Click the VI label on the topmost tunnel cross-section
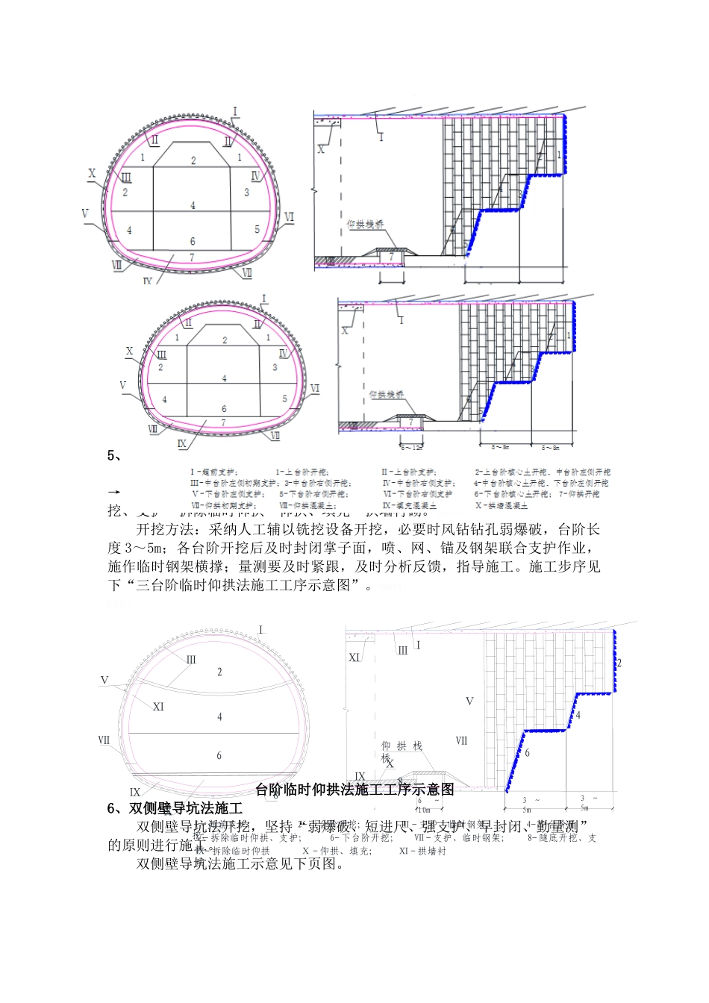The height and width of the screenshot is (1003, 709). [289, 216]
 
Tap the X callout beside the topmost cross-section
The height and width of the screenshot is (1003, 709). [92, 174]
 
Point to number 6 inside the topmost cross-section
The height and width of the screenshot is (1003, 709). [193, 241]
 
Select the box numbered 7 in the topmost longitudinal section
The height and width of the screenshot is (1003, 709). [390, 257]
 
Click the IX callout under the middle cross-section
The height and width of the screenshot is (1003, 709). [181, 443]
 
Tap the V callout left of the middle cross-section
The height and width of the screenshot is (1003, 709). [123, 386]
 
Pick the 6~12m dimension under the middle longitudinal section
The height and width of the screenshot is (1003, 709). [411, 447]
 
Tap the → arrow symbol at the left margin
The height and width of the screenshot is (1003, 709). [114, 493]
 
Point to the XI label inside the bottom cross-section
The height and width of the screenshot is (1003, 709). [158, 707]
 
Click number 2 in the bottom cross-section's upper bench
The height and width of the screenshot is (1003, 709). [219, 672]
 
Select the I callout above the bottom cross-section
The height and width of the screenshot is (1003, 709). [260, 629]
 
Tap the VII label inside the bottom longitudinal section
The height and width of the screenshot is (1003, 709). [461, 740]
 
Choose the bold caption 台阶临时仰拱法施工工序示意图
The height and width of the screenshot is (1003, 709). [354, 790]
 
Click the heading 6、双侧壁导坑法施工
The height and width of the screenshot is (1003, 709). [175, 808]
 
